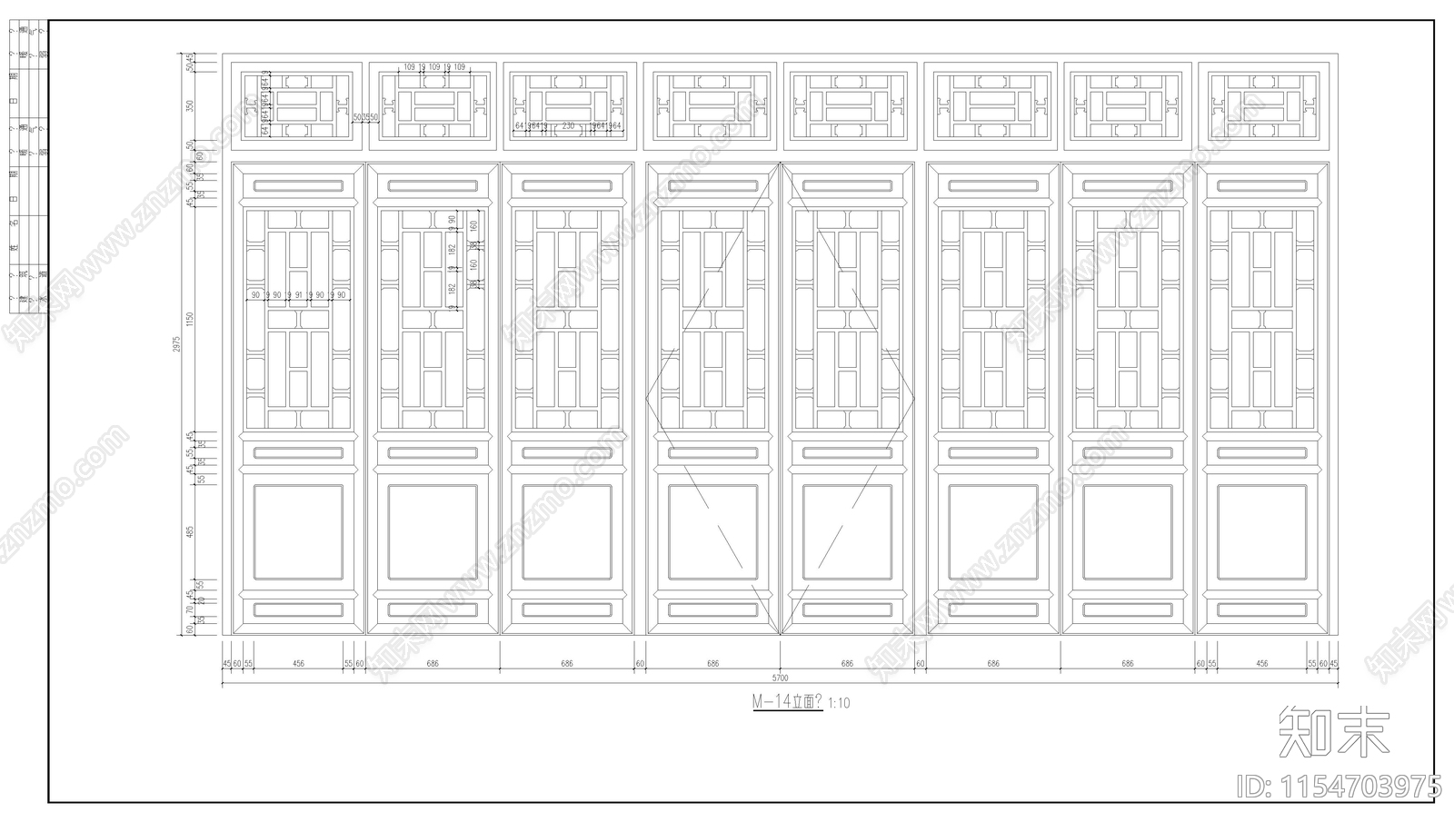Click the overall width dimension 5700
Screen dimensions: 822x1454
(x=780, y=678)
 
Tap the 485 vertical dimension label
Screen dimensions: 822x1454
(x=190, y=531)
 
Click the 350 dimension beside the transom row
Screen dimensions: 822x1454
(x=190, y=104)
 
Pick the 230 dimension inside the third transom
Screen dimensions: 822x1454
(x=568, y=125)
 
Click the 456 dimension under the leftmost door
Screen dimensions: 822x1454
(x=298, y=664)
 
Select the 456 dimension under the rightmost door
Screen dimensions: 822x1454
(x=1262, y=664)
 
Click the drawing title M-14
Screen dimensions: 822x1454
(x=786, y=702)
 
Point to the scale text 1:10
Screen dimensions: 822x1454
(x=840, y=703)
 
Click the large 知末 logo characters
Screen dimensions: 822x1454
(x=1334, y=732)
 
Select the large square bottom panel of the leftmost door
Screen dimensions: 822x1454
(x=298, y=532)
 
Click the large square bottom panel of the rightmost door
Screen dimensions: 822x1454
(x=1262, y=532)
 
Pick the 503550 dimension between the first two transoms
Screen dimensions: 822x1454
(x=365, y=117)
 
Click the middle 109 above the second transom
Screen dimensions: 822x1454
(x=434, y=67)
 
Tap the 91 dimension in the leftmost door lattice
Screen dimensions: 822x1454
(x=298, y=295)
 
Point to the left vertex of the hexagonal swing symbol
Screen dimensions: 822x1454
(x=646, y=398)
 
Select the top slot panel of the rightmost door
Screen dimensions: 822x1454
(x=1262, y=186)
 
